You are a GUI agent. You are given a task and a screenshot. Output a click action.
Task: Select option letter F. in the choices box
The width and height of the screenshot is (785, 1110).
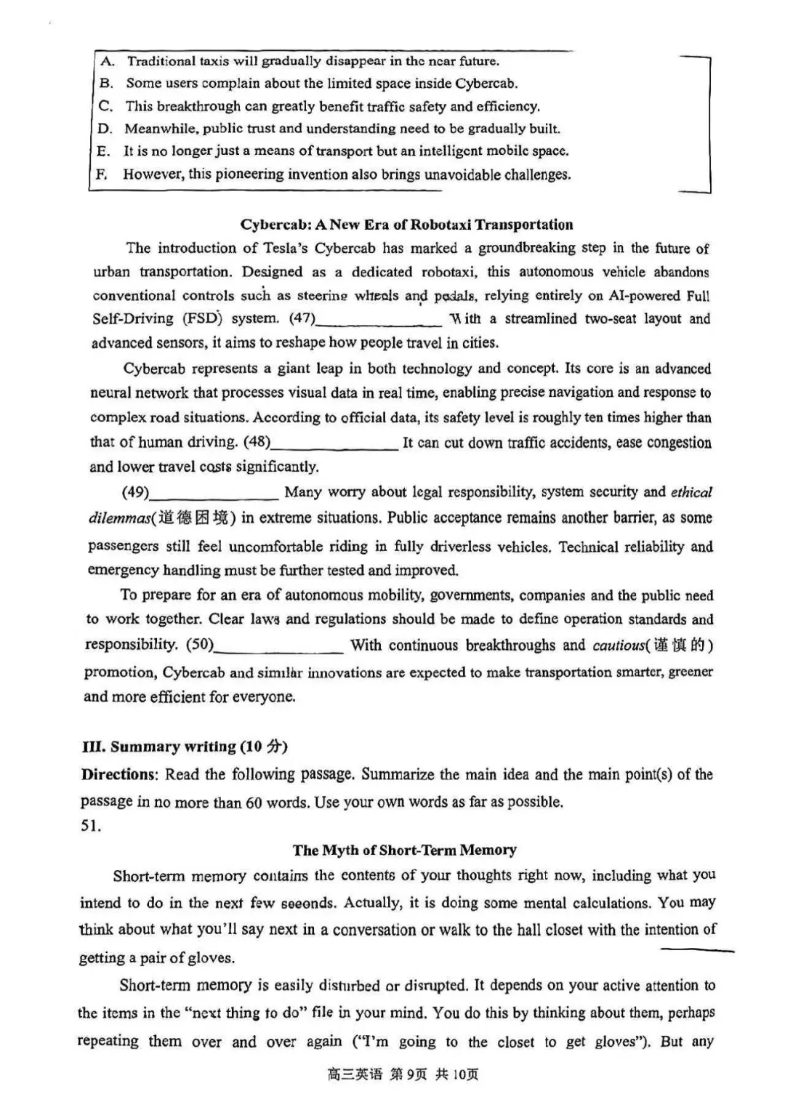(x=101, y=174)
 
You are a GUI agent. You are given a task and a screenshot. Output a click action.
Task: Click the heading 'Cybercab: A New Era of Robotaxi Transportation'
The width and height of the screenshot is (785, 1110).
(x=406, y=225)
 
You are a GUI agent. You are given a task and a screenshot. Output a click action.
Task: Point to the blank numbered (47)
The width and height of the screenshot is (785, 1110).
(x=378, y=320)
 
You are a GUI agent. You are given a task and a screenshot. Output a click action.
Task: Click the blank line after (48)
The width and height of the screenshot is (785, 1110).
(x=334, y=443)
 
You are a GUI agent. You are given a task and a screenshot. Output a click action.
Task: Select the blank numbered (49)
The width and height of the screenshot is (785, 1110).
(x=214, y=493)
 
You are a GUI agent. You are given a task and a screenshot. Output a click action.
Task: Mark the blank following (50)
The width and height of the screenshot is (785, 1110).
(x=279, y=646)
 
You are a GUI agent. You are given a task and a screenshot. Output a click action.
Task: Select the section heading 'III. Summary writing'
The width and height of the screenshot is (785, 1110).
(x=185, y=747)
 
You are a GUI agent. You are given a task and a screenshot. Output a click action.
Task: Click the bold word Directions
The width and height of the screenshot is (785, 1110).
(x=119, y=774)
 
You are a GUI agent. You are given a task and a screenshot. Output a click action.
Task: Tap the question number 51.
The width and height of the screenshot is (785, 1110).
(x=91, y=827)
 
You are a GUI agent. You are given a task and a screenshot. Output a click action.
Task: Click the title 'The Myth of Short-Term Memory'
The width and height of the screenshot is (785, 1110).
(x=405, y=850)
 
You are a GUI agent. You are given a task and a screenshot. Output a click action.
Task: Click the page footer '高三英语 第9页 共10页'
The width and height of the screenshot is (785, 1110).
(x=402, y=1074)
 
